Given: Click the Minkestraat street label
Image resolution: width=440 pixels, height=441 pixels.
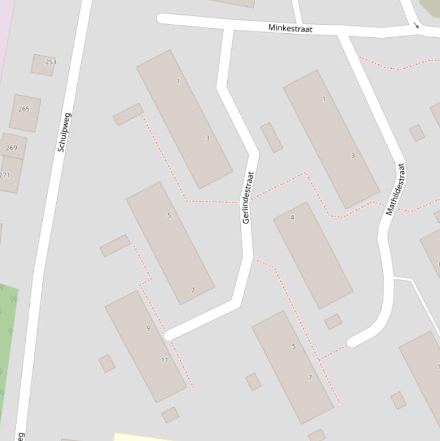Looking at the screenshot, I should click(x=290, y=28).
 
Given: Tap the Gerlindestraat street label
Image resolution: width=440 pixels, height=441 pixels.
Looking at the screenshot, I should click(x=247, y=198).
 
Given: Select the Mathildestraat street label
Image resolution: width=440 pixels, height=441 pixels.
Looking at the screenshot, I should click(x=395, y=190).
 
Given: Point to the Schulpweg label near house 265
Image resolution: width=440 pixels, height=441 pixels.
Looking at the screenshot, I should click(x=64, y=132).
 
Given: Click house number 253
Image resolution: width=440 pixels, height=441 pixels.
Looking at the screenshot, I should click(x=51, y=62).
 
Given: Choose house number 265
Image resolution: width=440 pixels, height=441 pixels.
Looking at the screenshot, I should click(x=24, y=109).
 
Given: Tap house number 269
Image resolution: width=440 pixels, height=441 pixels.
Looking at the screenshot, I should click(x=11, y=148).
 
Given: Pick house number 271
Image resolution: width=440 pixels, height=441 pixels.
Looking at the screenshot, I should click(x=5, y=175).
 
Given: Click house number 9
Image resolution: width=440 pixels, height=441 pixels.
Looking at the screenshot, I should click(x=148, y=328).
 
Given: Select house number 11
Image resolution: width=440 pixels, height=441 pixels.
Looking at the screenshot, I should click(x=165, y=360).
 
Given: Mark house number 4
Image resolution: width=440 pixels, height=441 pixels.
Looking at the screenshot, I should click(x=292, y=218).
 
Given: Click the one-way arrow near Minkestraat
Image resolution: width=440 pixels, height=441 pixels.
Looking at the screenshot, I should click(x=416, y=25).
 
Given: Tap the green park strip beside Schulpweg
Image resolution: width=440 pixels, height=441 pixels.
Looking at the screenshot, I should click(x=7, y=344).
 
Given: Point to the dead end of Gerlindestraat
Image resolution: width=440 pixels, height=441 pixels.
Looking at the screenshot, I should click(x=168, y=335).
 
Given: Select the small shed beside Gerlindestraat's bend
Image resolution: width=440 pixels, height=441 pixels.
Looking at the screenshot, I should click(x=271, y=137).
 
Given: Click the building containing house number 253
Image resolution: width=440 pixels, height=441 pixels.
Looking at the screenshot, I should click(x=43, y=65).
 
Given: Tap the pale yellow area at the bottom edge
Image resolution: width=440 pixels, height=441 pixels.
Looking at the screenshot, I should click(x=143, y=438).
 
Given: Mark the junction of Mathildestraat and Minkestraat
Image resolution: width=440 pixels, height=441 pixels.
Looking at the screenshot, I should click(x=342, y=33).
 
